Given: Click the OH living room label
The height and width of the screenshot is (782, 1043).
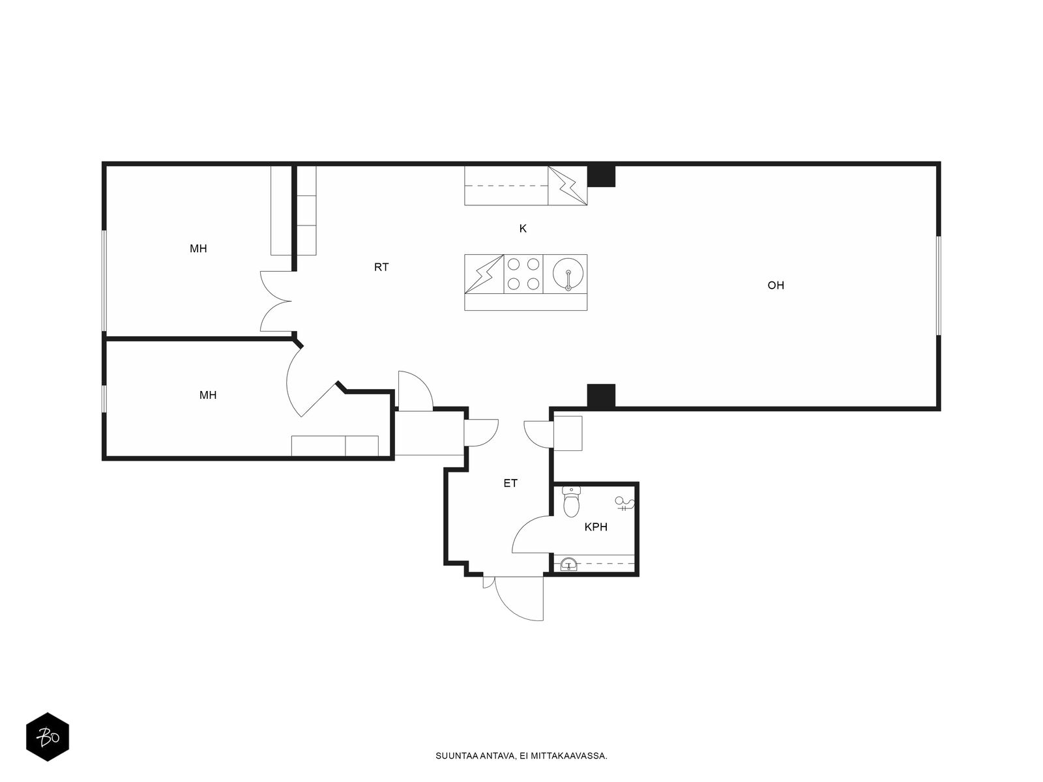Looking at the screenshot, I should [775, 285].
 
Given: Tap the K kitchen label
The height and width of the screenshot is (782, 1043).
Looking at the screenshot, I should [523, 229].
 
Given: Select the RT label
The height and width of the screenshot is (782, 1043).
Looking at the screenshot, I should [381, 267].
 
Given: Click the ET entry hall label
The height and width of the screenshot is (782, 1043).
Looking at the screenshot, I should [510, 484].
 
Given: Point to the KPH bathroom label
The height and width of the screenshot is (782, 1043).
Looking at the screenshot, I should [596, 527].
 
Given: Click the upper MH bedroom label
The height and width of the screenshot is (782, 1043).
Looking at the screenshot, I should [198, 249].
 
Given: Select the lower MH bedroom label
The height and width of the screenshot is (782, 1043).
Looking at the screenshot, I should [208, 396].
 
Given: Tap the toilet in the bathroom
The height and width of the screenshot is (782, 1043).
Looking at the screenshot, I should [571, 502].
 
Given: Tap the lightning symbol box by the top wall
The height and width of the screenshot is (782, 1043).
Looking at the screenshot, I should [567, 186].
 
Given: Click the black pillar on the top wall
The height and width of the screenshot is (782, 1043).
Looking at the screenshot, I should [601, 176].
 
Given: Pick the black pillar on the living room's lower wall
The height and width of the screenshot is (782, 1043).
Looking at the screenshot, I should [601, 396].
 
